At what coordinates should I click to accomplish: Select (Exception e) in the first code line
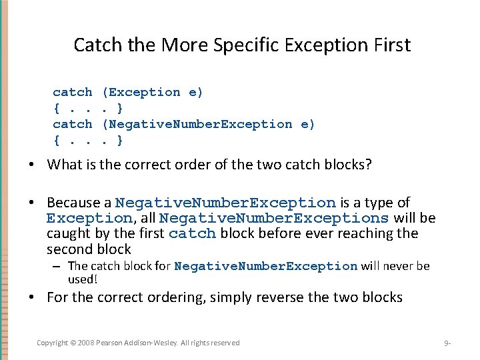(x=153, y=92)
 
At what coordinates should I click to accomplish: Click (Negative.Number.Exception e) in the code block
(x=209, y=124)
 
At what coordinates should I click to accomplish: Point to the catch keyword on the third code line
(x=73, y=124)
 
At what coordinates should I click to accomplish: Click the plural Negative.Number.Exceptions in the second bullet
(x=275, y=218)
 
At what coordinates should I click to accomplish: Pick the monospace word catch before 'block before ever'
(x=193, y=234)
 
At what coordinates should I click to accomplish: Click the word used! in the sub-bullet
(x=83, y=279)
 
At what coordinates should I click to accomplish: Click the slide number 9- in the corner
(x=448, y=343)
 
